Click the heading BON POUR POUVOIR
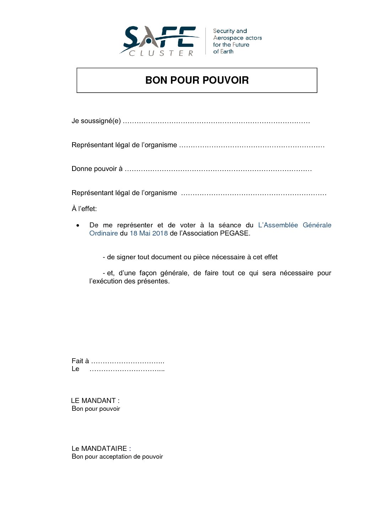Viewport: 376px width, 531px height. [197, 80]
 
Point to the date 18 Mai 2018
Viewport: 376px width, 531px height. [149, 233]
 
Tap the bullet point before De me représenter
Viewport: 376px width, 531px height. [78, 226]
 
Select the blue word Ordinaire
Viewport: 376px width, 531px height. [103, 233]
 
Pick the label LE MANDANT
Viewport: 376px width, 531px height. [93, 401]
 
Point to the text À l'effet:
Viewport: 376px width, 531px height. [84, 209]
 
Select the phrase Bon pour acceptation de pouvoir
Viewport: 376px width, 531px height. [117, 457]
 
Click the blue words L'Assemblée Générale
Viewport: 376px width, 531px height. [295, 225]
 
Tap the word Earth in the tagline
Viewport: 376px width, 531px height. [226, 51]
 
